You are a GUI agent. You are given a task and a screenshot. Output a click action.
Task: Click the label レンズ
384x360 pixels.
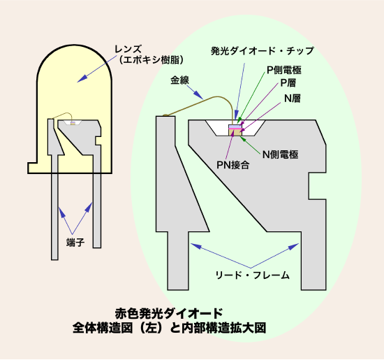point(128,50)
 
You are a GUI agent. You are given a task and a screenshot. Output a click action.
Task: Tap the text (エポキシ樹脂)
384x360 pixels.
point(151,60)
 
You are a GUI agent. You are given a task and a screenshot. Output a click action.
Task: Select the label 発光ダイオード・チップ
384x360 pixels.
point(263,51)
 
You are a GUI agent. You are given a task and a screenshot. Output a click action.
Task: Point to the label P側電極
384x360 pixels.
point(284,70)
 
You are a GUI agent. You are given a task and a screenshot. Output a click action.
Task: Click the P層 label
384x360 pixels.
point(288,82)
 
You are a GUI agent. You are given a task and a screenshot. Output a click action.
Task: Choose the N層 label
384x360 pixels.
point(293,99)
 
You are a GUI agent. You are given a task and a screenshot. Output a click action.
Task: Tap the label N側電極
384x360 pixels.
point(281,154)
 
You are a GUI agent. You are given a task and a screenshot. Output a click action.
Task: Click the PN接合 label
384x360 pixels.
point(233,165)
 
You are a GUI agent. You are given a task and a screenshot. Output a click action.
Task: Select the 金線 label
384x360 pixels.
point(179,80)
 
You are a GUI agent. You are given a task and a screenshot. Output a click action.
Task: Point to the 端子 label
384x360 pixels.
point(75,243)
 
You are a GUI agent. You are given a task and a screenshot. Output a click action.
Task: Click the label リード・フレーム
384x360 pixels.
point(253,275)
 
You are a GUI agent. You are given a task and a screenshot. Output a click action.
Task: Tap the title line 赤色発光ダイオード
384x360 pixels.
point(169,313)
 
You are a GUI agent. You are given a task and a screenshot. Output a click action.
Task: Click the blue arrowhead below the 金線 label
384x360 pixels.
point(198,95)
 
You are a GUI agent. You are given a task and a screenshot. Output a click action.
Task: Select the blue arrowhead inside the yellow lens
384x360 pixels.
point(82,78)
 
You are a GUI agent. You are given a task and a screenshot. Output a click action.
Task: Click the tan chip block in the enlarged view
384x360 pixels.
point(235,132)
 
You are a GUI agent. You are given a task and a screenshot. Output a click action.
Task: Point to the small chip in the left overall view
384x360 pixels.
point(73,123)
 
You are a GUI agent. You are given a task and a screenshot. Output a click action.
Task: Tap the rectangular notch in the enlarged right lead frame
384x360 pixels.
point(317,186)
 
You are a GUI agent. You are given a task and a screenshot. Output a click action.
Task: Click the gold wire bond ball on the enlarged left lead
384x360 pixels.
point(165,115)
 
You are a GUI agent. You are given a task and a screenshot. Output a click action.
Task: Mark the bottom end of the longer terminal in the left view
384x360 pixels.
point(54,259)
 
